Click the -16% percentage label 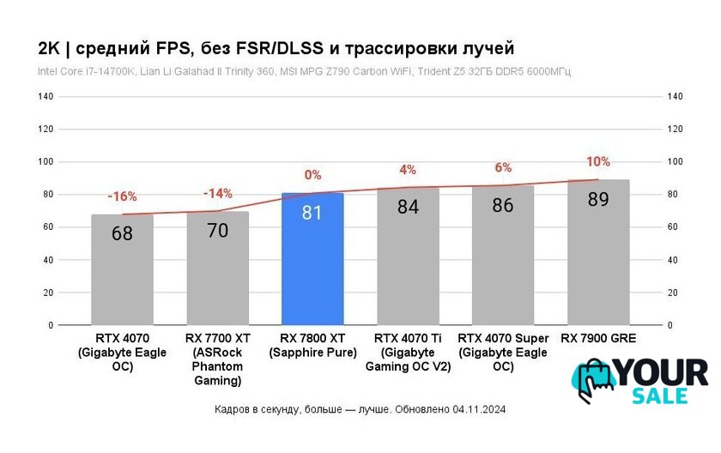tap(122, 196)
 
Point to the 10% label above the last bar tap(598, 161)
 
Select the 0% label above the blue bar tap(312, 175)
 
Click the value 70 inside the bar tap(218, 230)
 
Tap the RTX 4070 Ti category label tap(408, 353)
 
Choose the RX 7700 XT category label tap(218, 359)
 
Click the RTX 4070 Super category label tap(503, 353)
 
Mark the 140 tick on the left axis tap(45, 97)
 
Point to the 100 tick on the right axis tap(675, 162)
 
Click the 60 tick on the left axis tap(48, 227)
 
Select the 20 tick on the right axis tap(673, 293)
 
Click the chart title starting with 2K tap(276, 46)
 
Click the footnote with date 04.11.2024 tap(360, 410)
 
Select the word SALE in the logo tap(659, 396)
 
